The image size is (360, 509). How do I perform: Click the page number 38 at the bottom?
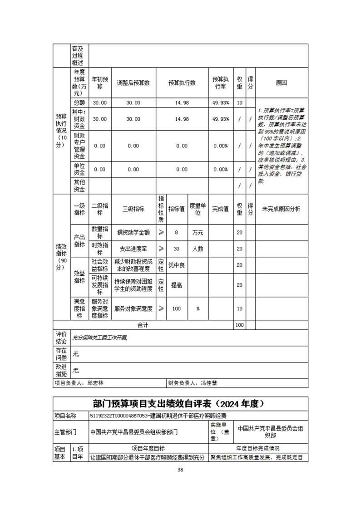180,470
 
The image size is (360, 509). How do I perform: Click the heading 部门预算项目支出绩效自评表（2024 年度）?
180,404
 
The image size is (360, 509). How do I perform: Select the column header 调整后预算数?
133,83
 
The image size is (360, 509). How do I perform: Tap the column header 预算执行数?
182,83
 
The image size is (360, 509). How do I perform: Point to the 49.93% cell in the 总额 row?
221,103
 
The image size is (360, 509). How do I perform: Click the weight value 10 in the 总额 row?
239,103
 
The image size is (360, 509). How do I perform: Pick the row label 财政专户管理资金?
79,146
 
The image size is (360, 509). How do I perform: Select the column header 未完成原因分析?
281,209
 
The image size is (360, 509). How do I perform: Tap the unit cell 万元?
197,233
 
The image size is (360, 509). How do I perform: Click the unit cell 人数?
197,249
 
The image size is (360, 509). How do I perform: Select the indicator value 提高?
177,284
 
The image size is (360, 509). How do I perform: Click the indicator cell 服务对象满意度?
133,308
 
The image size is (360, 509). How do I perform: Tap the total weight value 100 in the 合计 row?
239,325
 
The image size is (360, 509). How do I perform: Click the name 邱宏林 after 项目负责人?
95,383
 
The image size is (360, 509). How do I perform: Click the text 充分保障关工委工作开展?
100,338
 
